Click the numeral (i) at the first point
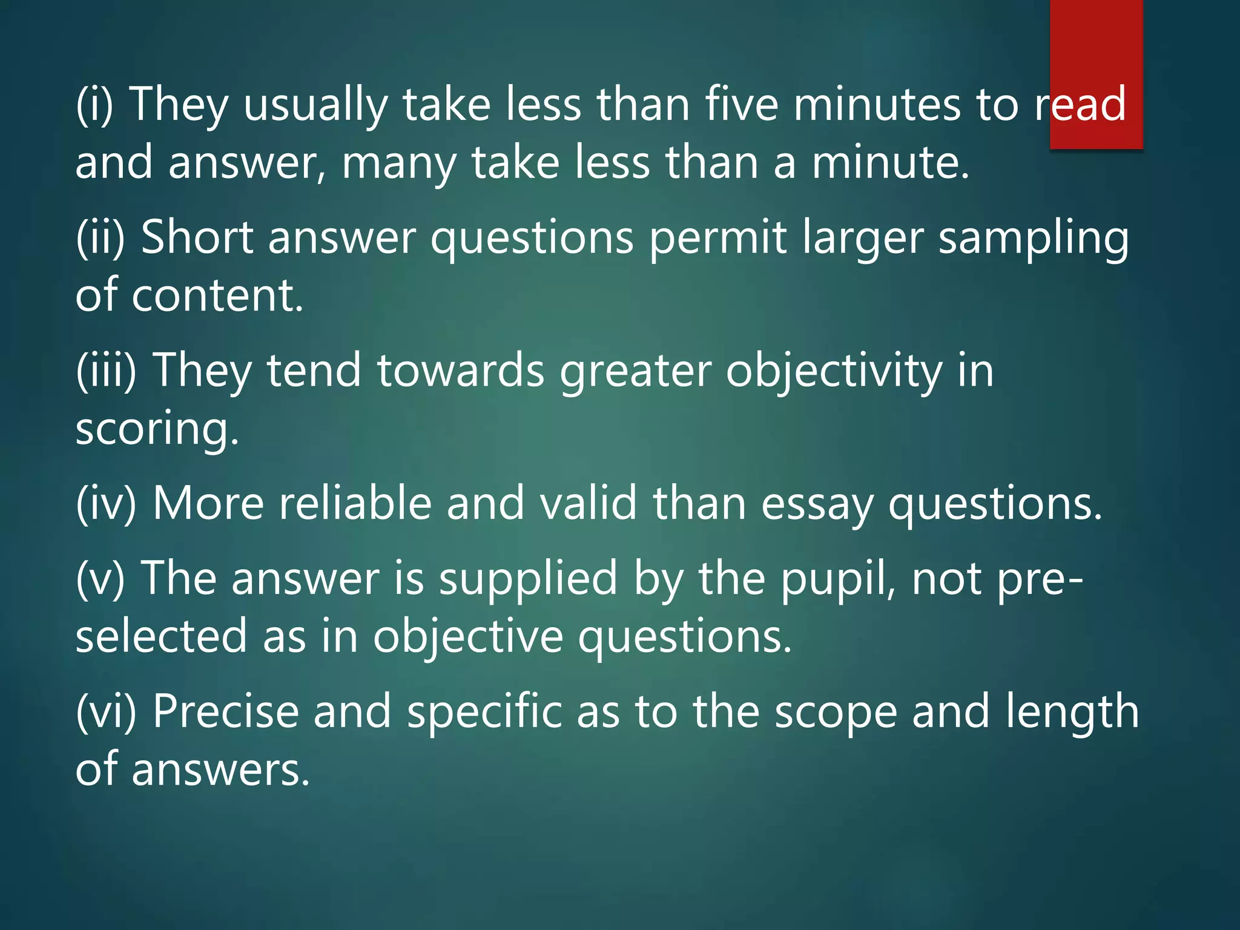coord(94,104)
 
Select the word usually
coord(315,105)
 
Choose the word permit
coord(718,239)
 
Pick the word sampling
coord(1034,239)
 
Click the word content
coord(217,295)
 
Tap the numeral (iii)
coord(107,370)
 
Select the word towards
coord(461,370)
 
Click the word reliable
coord(355,503)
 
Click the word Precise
coord(225,711)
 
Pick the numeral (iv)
coord(106,503)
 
